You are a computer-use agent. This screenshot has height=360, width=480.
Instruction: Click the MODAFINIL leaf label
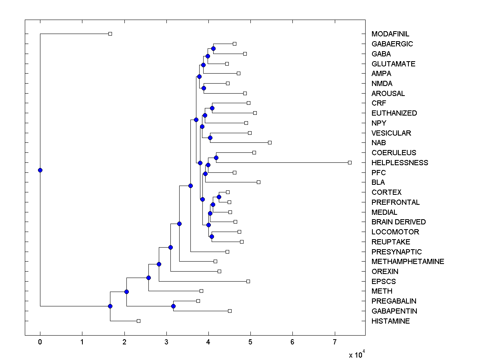click(390, 34)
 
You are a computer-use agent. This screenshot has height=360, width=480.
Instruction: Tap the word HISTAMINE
click(390, 321)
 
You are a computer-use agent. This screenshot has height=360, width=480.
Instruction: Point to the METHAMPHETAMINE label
click(408, 262)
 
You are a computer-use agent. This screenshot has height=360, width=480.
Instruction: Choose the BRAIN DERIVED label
click(398, 222)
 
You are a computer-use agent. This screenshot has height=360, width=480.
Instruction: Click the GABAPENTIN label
click(394, 311)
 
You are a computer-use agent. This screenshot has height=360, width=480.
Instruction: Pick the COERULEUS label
click(394, 153)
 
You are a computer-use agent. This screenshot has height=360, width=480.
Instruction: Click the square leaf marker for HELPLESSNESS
click(350, 162)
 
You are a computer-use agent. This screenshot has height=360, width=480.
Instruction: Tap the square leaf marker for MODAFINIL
click(110, 34)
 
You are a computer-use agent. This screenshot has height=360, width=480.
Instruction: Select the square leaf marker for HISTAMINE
click(138, 321)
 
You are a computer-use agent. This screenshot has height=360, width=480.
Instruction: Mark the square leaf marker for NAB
click(270, 142)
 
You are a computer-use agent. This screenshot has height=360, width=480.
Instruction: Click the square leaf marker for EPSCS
click(248, 281)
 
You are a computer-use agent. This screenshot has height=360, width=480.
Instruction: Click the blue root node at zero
click(40, 170)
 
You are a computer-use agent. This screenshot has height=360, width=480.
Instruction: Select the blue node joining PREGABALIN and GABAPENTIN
click(173, 306)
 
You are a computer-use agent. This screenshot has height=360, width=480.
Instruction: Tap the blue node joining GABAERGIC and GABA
click(213, 48)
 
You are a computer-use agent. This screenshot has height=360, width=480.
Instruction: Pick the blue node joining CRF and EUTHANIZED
click(212, 108)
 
